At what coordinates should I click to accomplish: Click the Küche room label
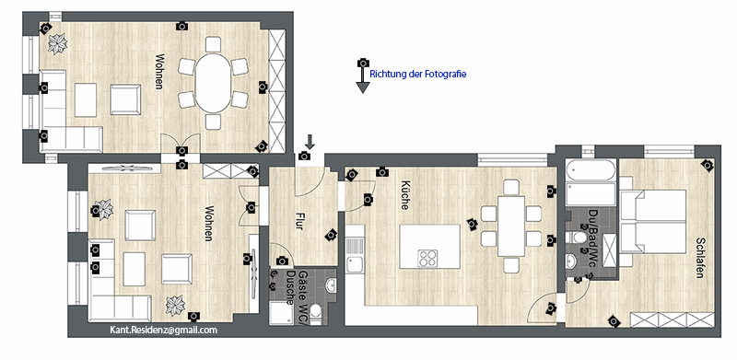click(x=405, y=194)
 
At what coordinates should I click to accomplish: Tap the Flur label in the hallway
click(x=298, y=221)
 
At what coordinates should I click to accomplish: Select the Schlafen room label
click(x=700, y=257)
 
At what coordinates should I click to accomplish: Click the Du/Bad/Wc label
click(x=591, y=239)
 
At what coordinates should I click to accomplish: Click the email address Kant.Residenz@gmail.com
click(x=164, y=330)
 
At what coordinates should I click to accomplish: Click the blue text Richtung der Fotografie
click(x=418, y=74)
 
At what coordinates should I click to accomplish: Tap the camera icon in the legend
click(x=363, y=63)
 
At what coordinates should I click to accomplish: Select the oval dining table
click(x=214, y=83)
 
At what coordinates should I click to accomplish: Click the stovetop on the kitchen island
click(x=427, y=259)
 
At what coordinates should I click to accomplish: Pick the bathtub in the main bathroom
click(x=591, y=170)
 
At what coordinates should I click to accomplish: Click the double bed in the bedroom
click(x=653, y=221)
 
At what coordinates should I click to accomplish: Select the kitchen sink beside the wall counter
click(x=355, y=255)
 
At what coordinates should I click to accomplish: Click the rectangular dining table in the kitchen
click(x=511, y=226)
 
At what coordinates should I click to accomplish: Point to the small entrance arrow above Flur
click(x=310, y=141)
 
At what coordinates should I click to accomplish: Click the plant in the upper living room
click(x=58, y=43)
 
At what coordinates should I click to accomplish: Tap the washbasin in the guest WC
click(x=331, y=285)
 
